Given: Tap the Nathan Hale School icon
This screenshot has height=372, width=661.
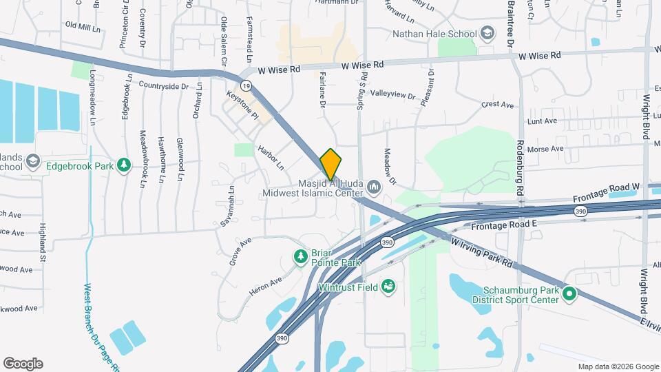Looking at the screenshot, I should coord(487,33).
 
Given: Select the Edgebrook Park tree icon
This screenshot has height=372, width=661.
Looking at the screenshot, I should coord(124,165).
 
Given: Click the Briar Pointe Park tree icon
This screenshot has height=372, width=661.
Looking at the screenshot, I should coord(300,257).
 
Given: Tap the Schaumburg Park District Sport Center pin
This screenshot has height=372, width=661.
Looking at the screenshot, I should coord(569,293).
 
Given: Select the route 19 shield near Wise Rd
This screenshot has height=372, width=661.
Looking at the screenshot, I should coord(246,85).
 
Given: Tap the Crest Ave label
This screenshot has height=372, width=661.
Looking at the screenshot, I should coord(498,105).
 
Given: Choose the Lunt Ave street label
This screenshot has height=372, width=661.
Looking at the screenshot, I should coord(541,121).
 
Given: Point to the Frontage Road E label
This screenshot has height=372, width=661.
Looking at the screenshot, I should coord(503,225).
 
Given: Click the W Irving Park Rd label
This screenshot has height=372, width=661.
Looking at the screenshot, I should coord(482,253).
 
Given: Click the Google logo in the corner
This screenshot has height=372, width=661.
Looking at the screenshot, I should coord(23,364).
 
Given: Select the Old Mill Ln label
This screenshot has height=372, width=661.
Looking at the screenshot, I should coord(83,25).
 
